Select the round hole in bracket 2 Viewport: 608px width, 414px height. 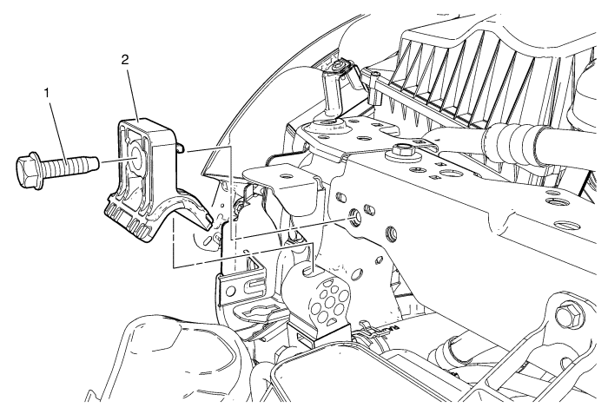pos(137,160)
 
